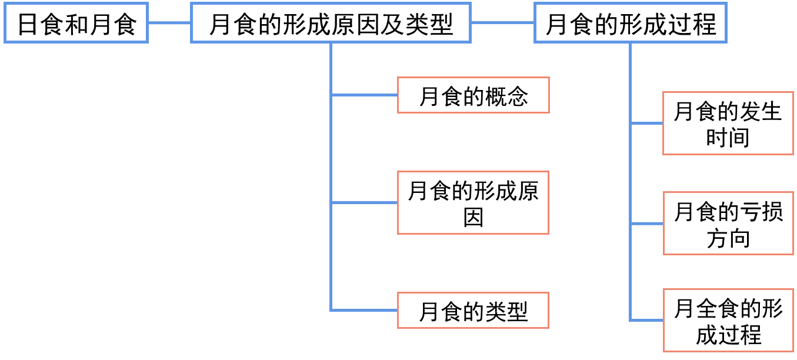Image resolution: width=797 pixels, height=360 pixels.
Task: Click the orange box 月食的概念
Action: pyautogui.click(x=473, y=95)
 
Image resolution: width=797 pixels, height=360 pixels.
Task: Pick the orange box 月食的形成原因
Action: pyautogui.click(x=473, y=203)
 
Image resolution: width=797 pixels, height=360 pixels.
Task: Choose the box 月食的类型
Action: pyautogui.click(x=473, y=311)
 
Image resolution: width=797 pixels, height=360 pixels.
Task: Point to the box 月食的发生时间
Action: pyautogui.click(x=728, y=124)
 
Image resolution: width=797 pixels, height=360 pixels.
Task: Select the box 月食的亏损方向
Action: pyautogui.click(x=728, y=224)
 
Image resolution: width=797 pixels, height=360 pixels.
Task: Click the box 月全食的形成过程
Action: pyautogui.click(x=728, y=321)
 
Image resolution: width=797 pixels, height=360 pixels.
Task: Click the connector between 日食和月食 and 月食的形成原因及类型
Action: pyautogui.click(x=169, y=24)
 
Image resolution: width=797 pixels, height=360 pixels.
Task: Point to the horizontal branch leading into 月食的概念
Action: pyautogui.click(x=365, y=95)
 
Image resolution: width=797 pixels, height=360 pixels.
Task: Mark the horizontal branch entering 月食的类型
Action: pyautogui.click(x=365, y=310)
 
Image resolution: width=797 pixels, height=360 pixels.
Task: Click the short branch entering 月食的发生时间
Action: pyautogui.click(x=646, y=124)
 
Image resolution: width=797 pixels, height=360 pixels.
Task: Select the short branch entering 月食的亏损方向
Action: pyautogui.click(x=646, y=224)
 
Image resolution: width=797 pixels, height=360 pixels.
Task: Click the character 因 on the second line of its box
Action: pyautogui.click(x=473, y=217)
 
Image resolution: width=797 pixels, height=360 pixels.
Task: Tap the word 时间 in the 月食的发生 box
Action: pyautogui.click(x=728, y=138)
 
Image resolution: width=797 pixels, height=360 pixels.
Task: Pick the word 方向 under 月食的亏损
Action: pyautogui.click(x=728, y=238)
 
